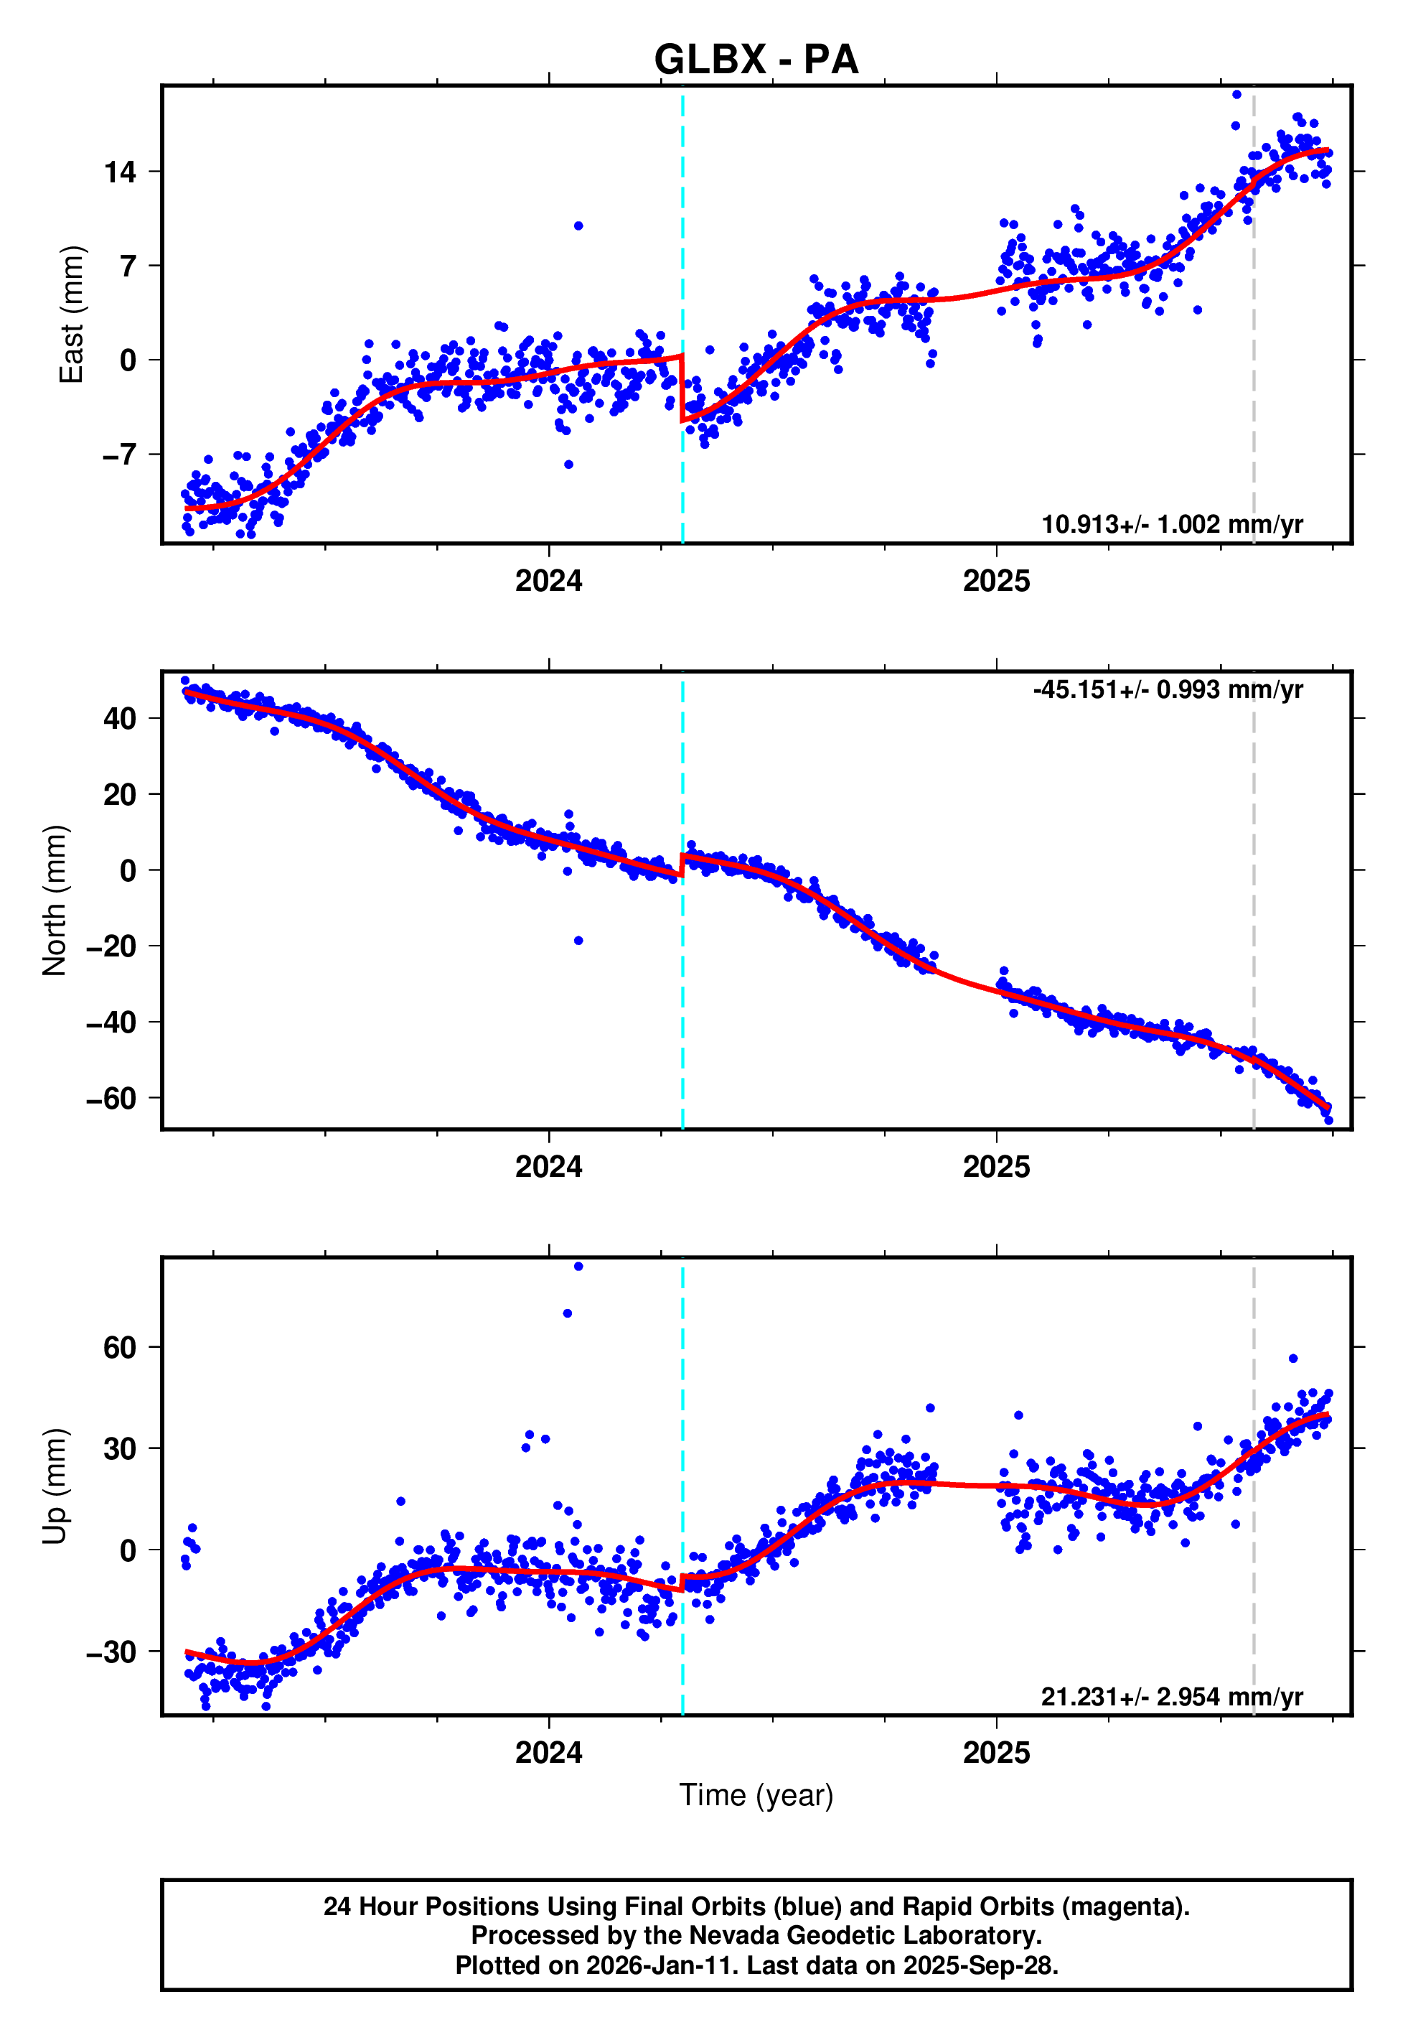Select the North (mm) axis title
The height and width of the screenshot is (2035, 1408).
[55, 900]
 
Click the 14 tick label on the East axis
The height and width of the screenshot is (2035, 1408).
[120, 172]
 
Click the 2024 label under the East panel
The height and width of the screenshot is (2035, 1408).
[549, 581]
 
